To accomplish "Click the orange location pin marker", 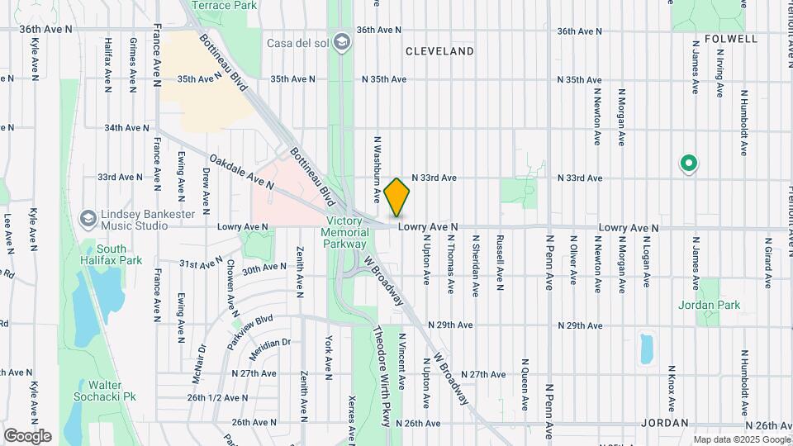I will (x=396, y=197).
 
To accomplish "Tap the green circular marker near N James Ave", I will (x=687, y=164).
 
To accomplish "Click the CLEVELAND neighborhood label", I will (x=439, y=51).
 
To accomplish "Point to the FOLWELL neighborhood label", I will (x=732, y=39).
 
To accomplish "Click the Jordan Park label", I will (x=707, y=304).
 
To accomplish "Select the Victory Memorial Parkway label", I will (x=346, y=232).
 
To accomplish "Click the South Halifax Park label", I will (x=110, y=254).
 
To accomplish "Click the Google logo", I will (x=27, y=435).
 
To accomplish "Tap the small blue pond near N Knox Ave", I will (x=646, y=349).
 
